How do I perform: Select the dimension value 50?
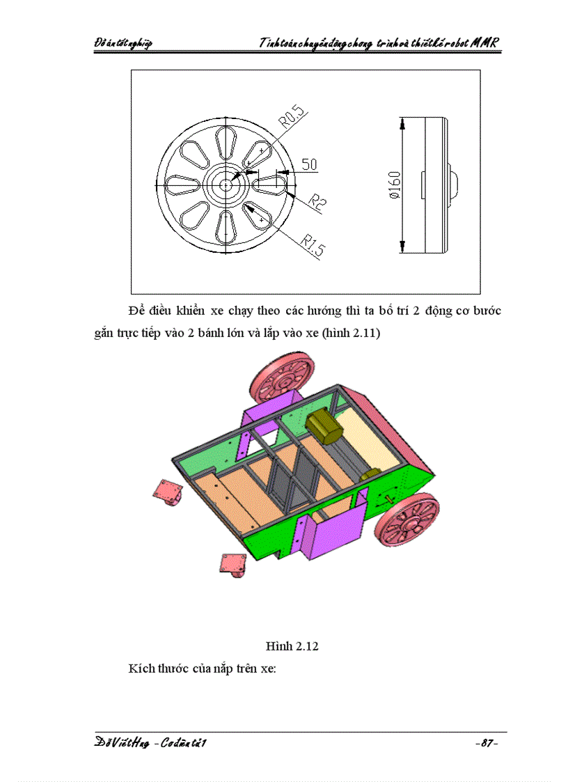(309, 164)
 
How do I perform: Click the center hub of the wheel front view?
(226, 185)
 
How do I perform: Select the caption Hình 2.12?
(292, 646)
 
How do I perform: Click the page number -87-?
(485, 744)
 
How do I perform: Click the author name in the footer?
(151, 744)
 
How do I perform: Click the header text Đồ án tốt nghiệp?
(123, 43)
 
